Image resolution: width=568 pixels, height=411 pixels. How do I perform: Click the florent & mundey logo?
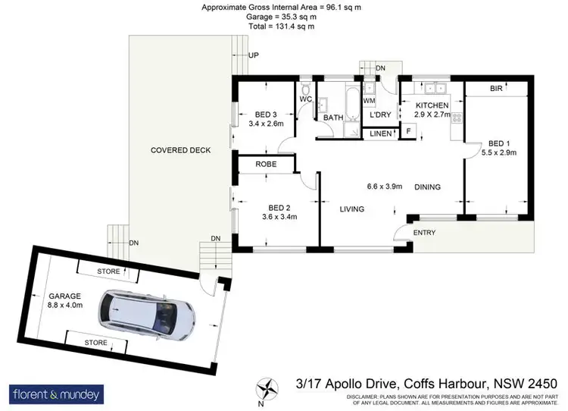tap(57, 394)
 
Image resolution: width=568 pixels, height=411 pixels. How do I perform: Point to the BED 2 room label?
tap(279, 206)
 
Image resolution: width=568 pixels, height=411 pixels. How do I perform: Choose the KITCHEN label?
tap(432, 105)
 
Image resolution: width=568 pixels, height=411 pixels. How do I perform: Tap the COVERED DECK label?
tap(180, 150)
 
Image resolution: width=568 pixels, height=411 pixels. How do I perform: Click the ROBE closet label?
tap(265, 164)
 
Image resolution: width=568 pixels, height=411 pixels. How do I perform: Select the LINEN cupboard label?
tap(381, 134)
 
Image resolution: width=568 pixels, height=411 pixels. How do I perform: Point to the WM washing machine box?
tap(370, 100)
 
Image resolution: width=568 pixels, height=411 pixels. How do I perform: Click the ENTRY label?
tap(425, 232)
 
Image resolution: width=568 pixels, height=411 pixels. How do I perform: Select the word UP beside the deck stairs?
tap(254, 56)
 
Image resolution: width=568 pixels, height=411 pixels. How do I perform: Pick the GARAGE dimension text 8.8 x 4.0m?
tap(64, 305)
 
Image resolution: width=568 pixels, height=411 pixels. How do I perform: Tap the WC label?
tap(306, 99)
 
